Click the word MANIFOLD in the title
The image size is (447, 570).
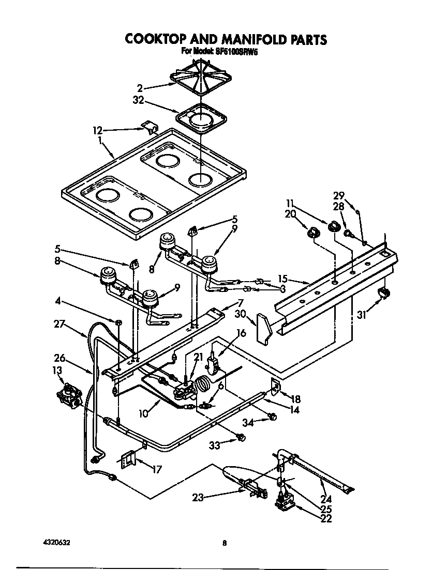(x=243, y=39)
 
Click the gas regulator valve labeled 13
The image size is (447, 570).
(x=68, y=397)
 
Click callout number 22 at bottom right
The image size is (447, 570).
(x=325, y=519)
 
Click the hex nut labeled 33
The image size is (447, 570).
(x=241, y=439)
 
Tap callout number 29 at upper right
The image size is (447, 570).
(x=339, y=196)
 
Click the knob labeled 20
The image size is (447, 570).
(x=312, y=234)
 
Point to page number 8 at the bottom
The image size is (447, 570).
(x=224, y=543)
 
